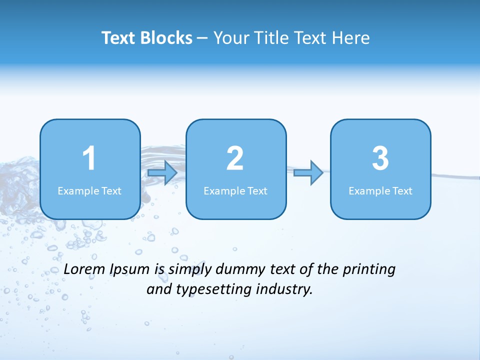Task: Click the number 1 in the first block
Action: [x=89, y=158]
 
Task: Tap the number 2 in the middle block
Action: [x=235, y=158]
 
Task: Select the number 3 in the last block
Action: [x=380, y=158]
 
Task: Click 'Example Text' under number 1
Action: [x=89, y=191]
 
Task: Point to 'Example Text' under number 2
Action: [x=235, y=191]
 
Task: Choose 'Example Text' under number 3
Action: [x=380, y=191]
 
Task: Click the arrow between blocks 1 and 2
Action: [x=162, y=173]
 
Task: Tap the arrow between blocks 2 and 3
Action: [x=308, y=173]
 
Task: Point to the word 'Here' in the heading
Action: [x=351, y=38]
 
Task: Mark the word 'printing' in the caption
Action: [x=369, y=270]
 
